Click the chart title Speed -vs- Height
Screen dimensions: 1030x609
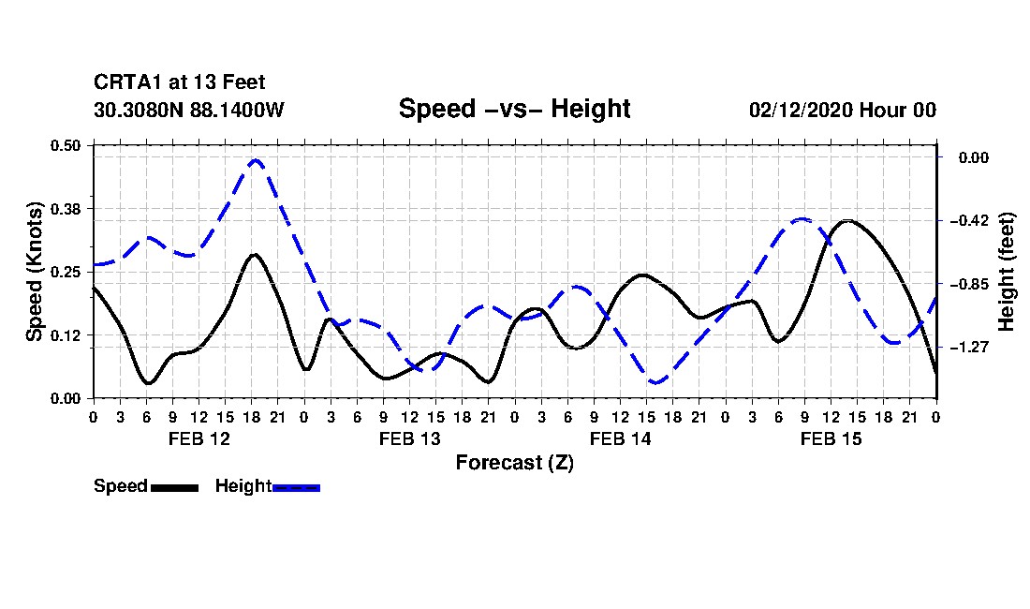tap(514, 109)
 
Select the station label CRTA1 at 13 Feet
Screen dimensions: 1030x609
tap(180, 82)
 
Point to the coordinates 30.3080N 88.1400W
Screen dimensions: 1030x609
tap(189, 110)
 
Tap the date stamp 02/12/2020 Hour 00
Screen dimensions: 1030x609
tap(843, 110)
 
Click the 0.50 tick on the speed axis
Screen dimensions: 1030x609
tap(65, 145)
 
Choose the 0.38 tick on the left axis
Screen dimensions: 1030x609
tap(65, 209)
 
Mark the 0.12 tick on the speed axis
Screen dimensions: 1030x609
tap(65, 335)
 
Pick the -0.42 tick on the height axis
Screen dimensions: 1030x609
tap(970, 220)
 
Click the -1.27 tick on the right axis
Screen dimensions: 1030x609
tap(970, 347)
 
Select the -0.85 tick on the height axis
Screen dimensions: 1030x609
tap(970, 284)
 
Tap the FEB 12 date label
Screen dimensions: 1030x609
tap(199, 438)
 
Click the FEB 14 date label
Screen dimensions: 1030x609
tap(620, 438)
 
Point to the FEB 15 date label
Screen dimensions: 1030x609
tap(831, 438)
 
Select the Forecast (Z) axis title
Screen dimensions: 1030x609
tap(515, 463)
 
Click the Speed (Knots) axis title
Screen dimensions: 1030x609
tap(34, 272)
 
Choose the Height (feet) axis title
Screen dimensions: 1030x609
tap(1007, 272)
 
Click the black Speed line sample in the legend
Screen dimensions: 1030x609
tap(175, 487)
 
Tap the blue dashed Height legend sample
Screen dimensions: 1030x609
tap(296, 487)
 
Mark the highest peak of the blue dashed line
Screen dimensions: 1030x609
tap(256, 159)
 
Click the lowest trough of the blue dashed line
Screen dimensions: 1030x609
tap(655, 381)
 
